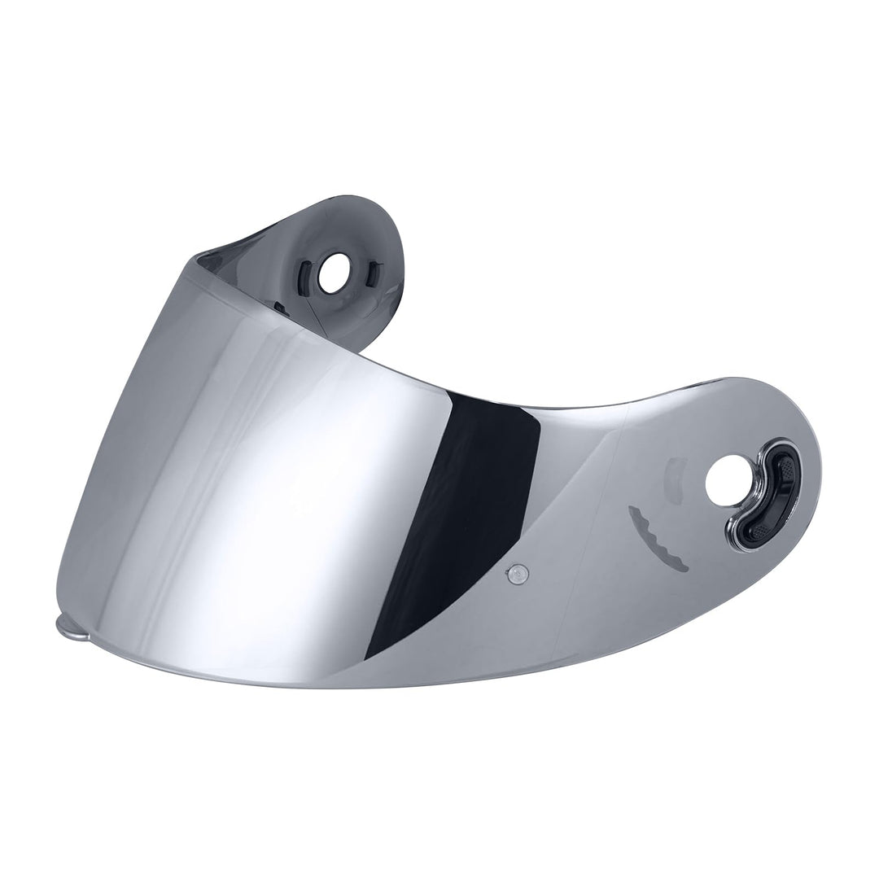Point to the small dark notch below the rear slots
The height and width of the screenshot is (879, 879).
click(280, 308)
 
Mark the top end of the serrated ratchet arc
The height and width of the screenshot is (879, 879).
click(632, 510)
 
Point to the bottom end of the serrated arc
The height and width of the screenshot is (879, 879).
click(684, 566)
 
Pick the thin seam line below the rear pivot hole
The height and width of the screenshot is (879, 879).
click(309, 321)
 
